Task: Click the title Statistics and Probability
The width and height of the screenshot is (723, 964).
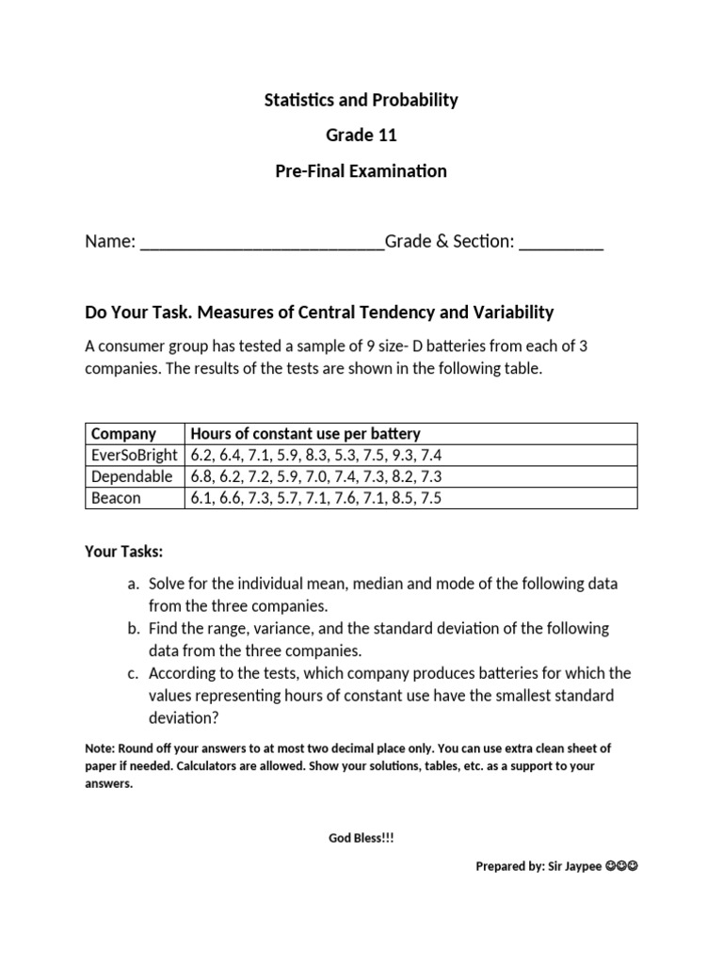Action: (361, 100)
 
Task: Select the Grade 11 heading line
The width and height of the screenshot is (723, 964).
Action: (361, 136)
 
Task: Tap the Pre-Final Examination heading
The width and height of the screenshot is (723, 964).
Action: (361, 171)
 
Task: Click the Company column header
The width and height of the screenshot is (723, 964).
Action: (123, 434)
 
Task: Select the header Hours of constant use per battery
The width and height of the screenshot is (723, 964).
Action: (305, 434)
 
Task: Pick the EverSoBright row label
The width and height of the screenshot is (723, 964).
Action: (134, 456)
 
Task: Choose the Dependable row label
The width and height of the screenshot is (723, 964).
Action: (132, 476)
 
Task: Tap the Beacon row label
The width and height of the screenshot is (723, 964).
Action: (116, 498)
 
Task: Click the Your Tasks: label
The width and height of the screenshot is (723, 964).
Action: (123, 551)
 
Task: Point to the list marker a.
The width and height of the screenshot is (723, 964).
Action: (133, 584)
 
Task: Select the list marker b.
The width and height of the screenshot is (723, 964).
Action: (133, 628)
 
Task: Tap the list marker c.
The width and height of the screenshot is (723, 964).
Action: (133, 673)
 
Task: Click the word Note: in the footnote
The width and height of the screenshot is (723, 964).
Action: (99, 748)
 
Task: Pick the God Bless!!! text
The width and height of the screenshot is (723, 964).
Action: (361, 837)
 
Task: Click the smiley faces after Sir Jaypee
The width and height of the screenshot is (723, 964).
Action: (622, 866)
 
